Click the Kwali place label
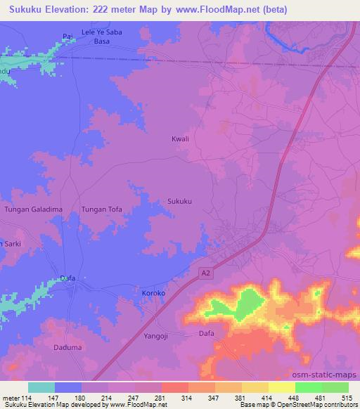pyautogui.click(x=181, y=139)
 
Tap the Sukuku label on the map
pyautogui.click(x=180, y=201)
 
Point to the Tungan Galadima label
pyautogui.click(x=34, y=209)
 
